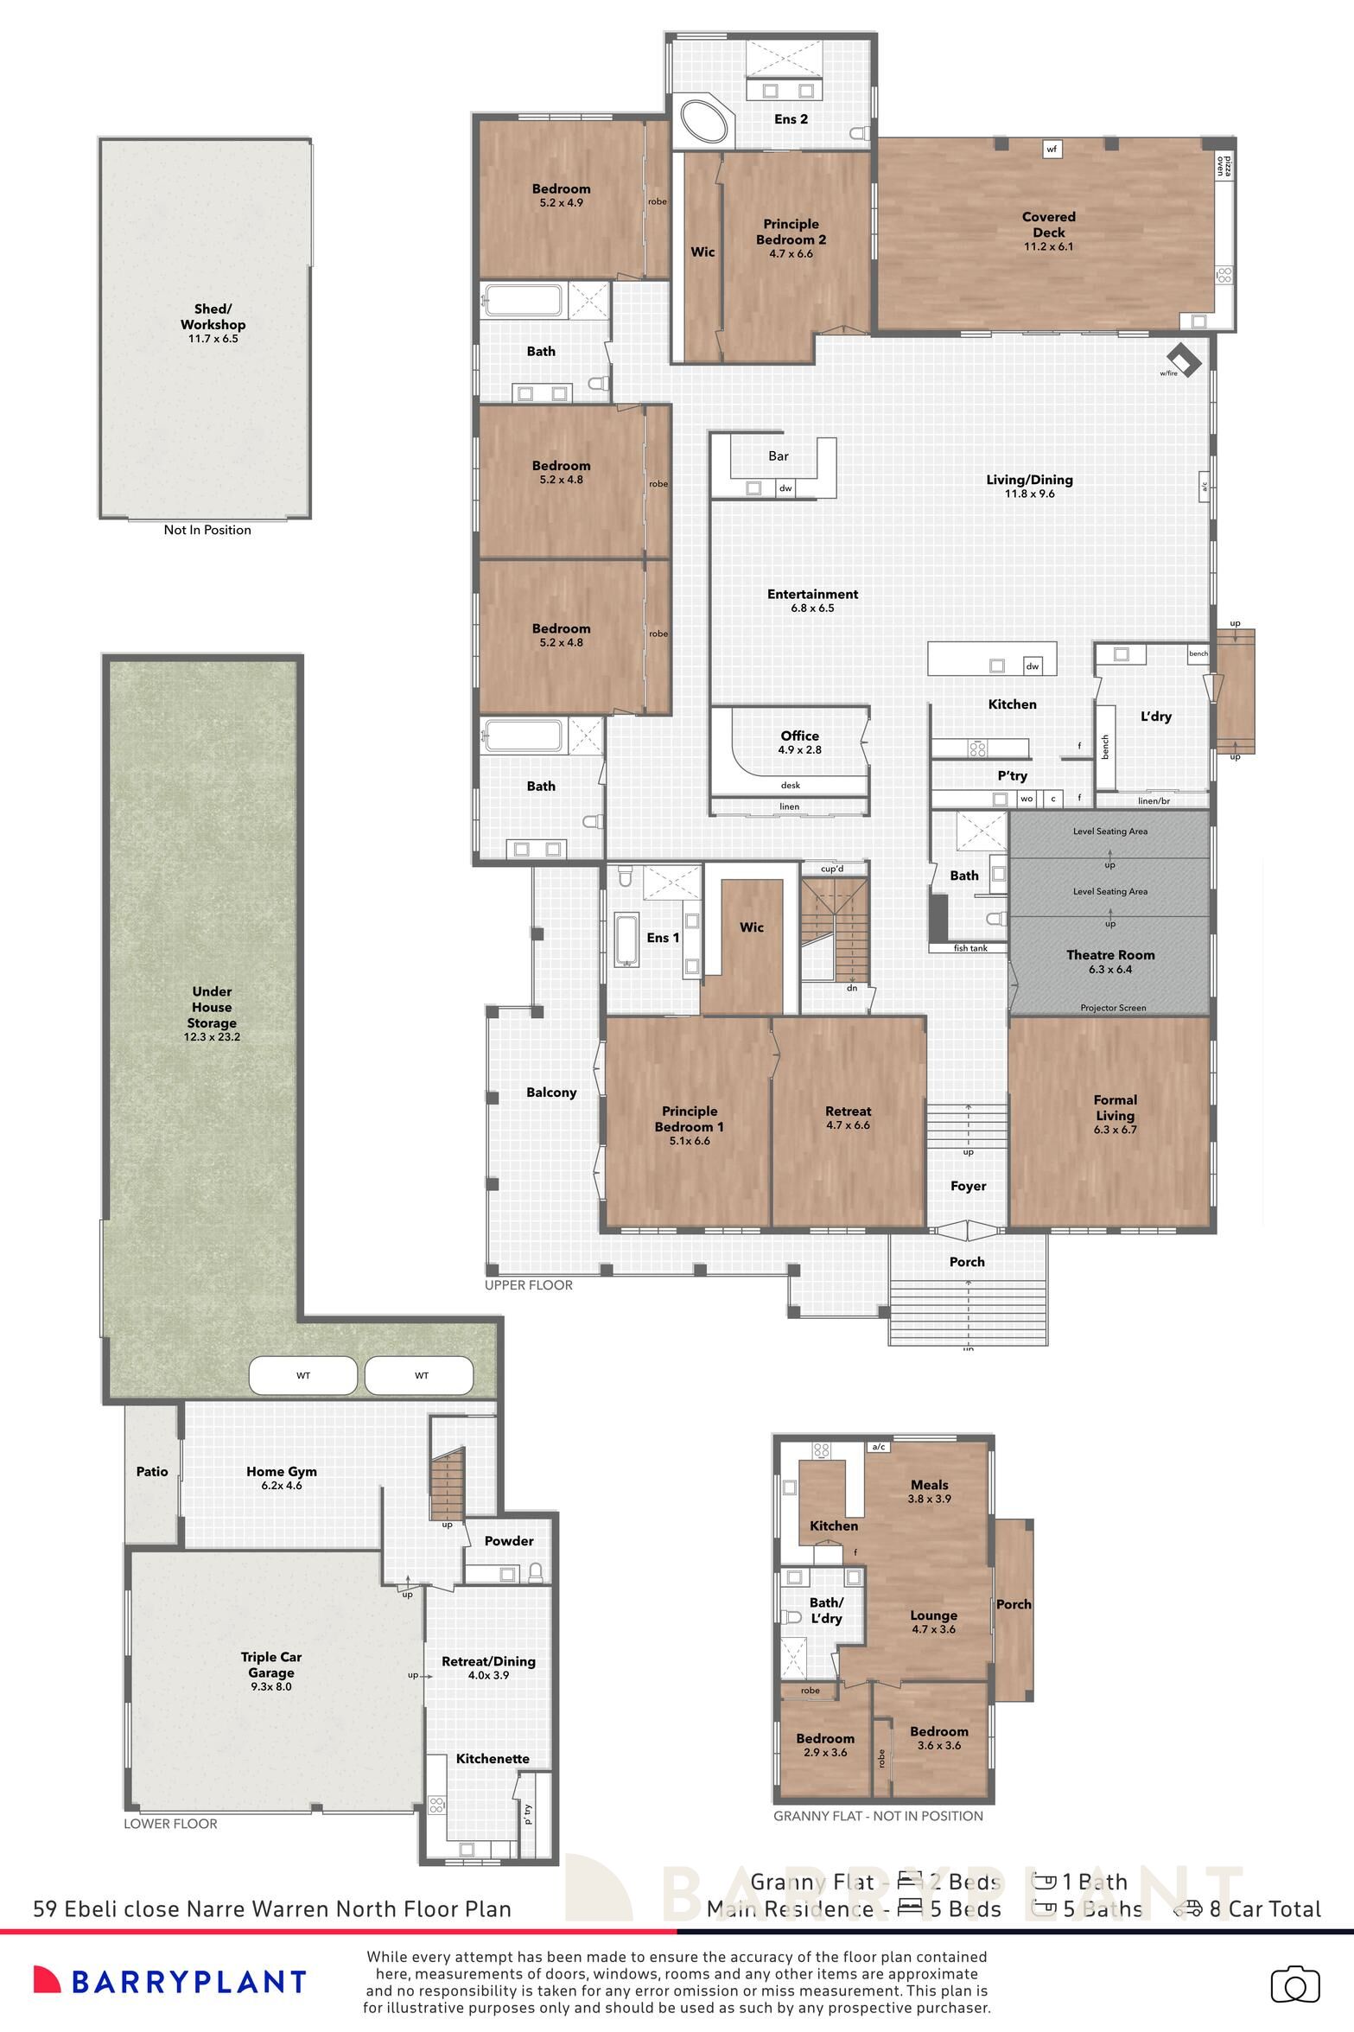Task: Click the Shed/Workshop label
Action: [213, 317]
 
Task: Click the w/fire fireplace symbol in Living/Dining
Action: [1183, 360]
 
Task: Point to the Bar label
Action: [778, 456]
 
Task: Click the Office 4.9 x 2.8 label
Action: [799, 742]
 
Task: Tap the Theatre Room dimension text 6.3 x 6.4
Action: [1110, 970]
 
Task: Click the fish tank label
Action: [969, 948]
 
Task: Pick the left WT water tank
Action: [302, 1375]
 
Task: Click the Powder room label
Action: [509, 1541]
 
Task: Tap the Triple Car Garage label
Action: [271, 1665]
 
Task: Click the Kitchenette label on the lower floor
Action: [493, 1759]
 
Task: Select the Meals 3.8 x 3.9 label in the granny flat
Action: [929, 1492]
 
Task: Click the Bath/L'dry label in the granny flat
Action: [825, 1611]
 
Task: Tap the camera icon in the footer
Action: [1294, 1984]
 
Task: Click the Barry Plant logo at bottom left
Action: [169, 1982]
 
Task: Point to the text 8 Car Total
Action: [1264, 1909]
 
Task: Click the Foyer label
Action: [968, 1187]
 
